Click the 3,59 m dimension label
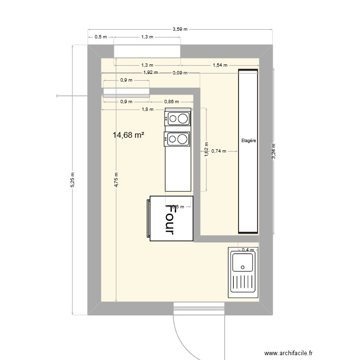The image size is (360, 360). [x=180, y=29]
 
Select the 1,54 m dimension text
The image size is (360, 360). [x=219, y=65]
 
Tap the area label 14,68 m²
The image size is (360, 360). [x=129, y=135]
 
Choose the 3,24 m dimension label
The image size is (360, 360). [x=274, y=151]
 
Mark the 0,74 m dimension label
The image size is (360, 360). [x=219, y=151]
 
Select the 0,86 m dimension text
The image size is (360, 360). [x=171, y=102]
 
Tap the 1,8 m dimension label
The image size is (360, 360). [x=148, y=109]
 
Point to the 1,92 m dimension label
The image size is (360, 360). [x=151, y=73]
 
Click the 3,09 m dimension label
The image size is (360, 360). [x=180, y=73]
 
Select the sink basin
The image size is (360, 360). [x=242, y=263]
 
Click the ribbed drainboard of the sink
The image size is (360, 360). [x=242, y=283]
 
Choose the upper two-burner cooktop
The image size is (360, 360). [x=178, y=118]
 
